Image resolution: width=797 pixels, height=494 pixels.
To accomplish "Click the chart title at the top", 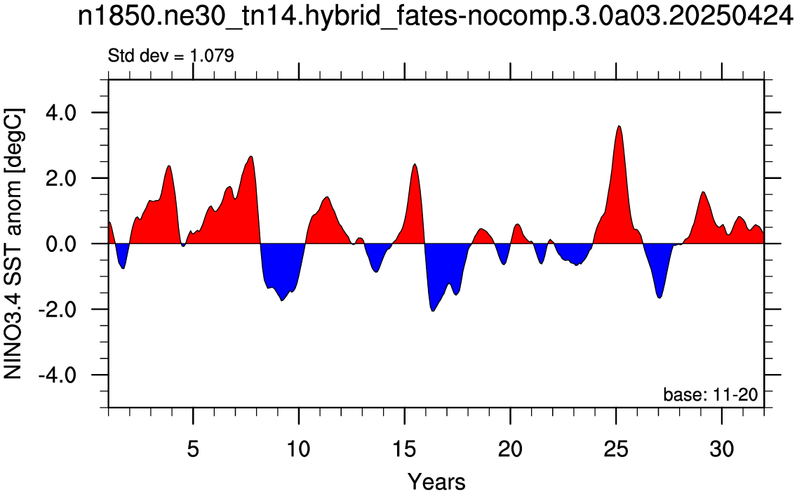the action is pos(436,18).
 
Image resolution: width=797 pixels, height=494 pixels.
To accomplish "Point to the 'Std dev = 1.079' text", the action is pos(170,55).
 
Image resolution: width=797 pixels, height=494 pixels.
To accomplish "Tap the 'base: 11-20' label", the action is pos(711,394).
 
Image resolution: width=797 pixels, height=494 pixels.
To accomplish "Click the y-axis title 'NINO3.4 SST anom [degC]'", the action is pos(14,243).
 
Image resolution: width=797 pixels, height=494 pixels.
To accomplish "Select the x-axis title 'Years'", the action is pos(436,481).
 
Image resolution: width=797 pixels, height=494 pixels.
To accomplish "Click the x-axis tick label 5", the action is pos(193,449).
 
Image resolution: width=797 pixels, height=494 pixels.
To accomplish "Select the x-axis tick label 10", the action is pos(298,449).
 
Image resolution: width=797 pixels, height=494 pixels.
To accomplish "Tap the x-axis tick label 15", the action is pos(404,449).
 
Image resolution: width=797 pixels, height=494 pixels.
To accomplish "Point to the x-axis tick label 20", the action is pos(510,449).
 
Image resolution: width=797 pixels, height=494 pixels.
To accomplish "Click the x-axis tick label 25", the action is pos(616,449).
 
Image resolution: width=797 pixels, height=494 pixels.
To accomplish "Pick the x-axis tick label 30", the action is pos(722,449).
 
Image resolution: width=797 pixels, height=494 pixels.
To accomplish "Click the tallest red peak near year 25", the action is pos(619,126).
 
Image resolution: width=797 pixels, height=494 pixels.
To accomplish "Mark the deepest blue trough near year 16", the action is pos(433,311).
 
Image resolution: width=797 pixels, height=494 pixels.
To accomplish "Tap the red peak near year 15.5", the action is pos(415,164).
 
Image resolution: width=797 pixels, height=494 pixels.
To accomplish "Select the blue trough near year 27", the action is pos(659,298).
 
